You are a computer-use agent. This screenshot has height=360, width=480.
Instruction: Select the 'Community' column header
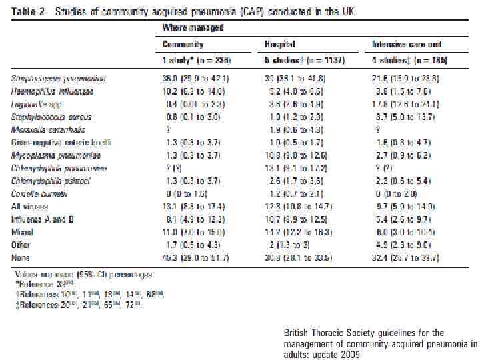[183, 44]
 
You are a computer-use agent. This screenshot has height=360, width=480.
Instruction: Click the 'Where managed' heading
[193, 27]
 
